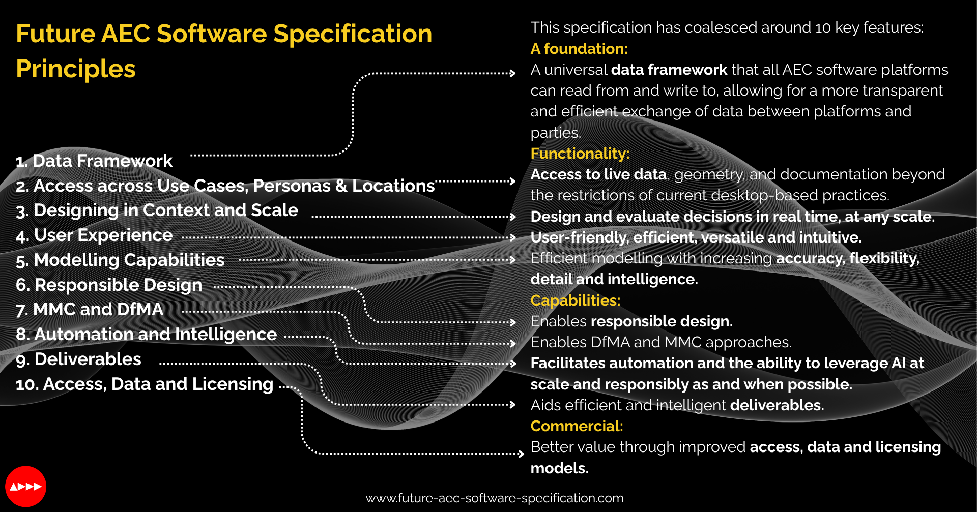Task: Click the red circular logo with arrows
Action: [26, 487]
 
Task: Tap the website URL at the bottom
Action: [495, 498]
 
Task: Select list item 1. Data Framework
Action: [94, 161]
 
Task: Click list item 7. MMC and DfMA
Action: [90, 310]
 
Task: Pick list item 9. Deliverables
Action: [78, 359]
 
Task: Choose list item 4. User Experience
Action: [94, 235]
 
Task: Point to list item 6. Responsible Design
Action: [109, 285]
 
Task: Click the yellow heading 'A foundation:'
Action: [579, 49]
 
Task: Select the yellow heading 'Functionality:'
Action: [580, 154]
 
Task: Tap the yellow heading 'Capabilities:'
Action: [576, 300]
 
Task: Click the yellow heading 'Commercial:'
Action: [577, 426]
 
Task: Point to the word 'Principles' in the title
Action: [76, 69]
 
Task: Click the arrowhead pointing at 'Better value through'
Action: [521, 454]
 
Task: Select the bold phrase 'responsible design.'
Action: [662, 321]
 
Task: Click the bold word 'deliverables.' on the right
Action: [777, 405]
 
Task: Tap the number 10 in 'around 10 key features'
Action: [823, 27]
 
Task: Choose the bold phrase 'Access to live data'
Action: [598, 174]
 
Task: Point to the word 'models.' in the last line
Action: [559, 468]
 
